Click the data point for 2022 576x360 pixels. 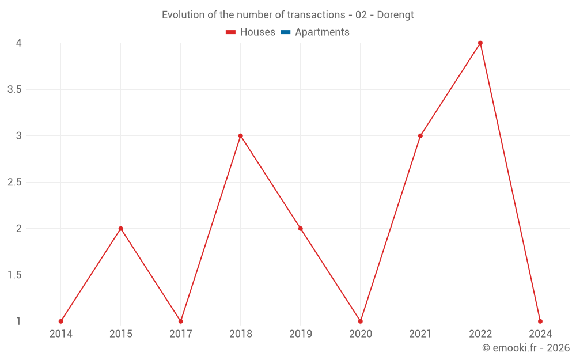(x=480, y=43)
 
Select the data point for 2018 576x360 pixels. (x=241, y=136)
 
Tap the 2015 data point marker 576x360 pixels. (x=121, y=229)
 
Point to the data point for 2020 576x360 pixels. (x=361, y=321)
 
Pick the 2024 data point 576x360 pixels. (x=540, y=321)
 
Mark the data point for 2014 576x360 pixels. (x=61, y=321)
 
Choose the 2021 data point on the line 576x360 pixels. (x=420, y=136)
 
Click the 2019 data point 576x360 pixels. (x=301, y=229)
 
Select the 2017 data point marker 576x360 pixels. (x=181, y=321)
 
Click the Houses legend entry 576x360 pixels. (x=251, y=32)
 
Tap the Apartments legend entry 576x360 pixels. (x=315, y=32)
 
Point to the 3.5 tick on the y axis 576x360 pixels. (x=15, y=89)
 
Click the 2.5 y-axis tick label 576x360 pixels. (x=15, y=182)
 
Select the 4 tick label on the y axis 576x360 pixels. (x=19, y=43)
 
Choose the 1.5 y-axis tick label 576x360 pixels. (x=15, y=275)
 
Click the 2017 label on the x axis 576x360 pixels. (x=181, y=334)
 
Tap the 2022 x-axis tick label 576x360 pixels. (x=480, y=334)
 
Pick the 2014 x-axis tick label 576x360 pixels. (x=61, y=334)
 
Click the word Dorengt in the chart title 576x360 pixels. (x=395, y=15)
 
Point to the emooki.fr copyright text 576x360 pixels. (x=526, y=348)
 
